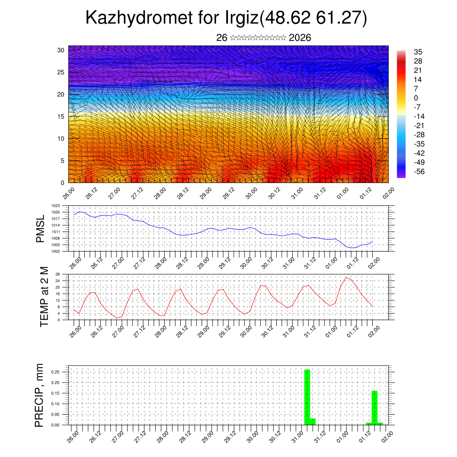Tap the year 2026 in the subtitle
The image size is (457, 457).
[x=300, y=38]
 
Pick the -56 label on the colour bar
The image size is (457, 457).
[x=419, y=171]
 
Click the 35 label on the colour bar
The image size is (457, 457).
[x=418, y=52]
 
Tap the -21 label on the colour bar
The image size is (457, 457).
[x=419, y=125]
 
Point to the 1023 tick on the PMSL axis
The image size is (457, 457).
[x=56, y=206]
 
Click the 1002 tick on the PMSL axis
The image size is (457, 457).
[x=56, y=251]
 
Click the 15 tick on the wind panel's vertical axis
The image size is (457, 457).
[x=61, y=116]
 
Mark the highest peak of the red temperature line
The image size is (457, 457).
[x=346, y=278]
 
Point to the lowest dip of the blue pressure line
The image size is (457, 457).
[x=352, y=248]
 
